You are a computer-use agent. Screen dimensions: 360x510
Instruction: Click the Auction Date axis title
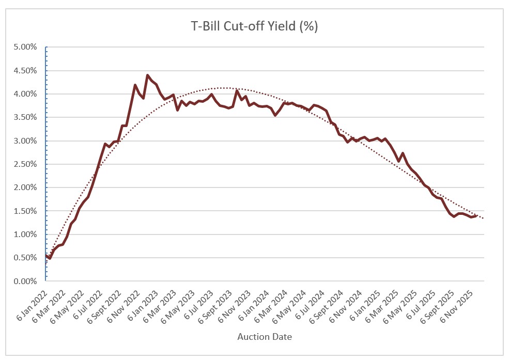pos(265,337)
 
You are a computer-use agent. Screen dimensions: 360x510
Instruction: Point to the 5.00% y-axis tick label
pos(25,47)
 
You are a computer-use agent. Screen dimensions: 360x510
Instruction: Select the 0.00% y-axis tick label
pos(25,281)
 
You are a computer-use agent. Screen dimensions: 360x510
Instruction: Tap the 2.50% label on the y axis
pos(25,164)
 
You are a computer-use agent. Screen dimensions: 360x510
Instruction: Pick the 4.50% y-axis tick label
pos(25,71)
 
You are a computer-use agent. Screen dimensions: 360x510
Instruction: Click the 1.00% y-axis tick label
pos(25,234)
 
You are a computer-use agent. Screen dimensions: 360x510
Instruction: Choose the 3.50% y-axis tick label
pos(25,117)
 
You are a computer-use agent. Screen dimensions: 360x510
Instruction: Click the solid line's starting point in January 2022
pos(46,255)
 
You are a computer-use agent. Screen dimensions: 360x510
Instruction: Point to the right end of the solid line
pos(476,216)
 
